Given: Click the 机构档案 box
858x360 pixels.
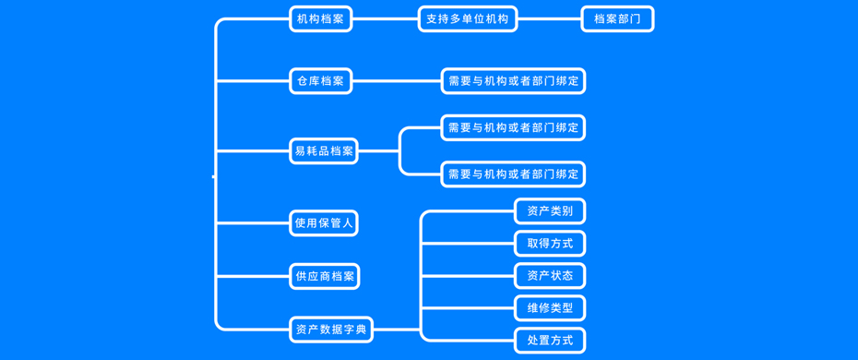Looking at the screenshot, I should coord(320,18).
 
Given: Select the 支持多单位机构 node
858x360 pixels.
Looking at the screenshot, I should coord(468,18).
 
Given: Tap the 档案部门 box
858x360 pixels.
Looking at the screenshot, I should coord(617,18).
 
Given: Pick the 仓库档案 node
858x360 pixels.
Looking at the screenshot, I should coord(320,81).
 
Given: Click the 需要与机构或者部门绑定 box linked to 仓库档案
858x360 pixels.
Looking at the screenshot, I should coord(513,81).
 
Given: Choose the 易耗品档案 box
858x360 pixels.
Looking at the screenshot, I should coord(324,150).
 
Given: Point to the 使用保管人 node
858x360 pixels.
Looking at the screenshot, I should coord(324,222).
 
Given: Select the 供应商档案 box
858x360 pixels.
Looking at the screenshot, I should coord(324,276).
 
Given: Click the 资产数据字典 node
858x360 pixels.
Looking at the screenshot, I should coord(331,329).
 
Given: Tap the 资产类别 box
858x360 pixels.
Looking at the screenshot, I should coord(550,211).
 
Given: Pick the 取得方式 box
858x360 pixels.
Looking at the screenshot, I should coord(550,244).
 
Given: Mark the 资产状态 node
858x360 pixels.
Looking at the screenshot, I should coord(550,276).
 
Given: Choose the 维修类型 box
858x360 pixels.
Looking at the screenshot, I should coord(550,308).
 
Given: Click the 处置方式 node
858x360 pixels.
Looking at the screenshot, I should coord(550,341).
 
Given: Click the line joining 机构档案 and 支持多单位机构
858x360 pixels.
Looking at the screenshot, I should coord(385,18).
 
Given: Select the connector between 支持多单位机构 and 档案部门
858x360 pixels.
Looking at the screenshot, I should coord(549,18).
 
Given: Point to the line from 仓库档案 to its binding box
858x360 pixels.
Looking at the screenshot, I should coord(396,81).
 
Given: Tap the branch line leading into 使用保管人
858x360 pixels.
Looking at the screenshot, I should coord(254,222).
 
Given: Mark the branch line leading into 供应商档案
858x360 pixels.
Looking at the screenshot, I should coord(254,276).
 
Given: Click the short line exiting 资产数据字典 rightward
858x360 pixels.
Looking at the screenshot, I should coord(397,329).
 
